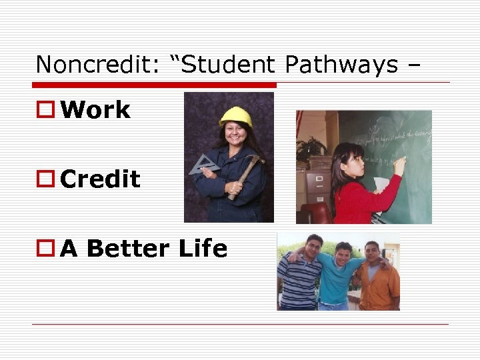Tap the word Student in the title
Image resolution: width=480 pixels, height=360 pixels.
[227, 65]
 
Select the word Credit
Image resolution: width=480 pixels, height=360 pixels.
[100, 179]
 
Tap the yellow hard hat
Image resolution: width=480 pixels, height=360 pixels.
[236, 117]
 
